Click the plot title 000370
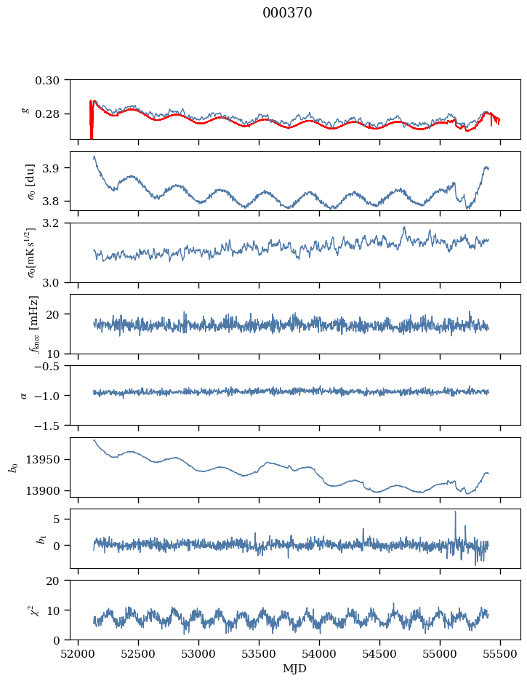(287, 13)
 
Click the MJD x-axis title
(295, 668)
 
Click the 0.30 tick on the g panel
(52, 79)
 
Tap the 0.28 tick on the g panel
(52, 114)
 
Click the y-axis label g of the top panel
(25, 109)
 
